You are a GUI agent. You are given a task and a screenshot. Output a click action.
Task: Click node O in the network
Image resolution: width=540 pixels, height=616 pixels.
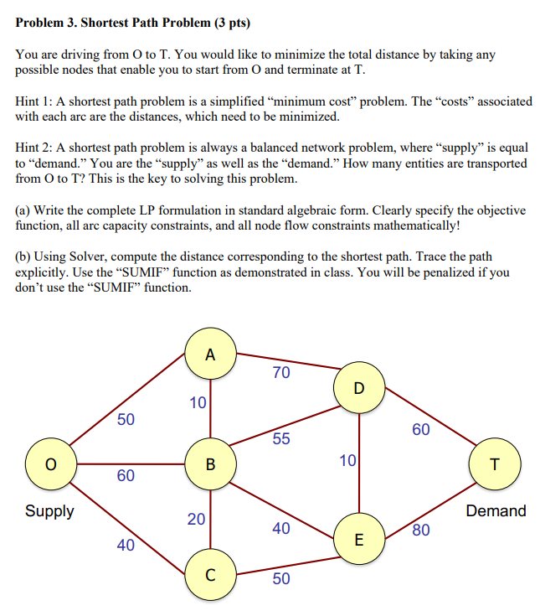tap(51, 463)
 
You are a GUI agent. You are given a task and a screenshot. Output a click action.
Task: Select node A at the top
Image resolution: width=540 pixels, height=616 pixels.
tap(209, 355)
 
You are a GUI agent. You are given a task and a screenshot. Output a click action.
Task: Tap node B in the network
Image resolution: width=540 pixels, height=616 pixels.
tap(210, 463)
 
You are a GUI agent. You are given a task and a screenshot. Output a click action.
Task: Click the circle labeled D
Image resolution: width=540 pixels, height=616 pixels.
tap(359, 388)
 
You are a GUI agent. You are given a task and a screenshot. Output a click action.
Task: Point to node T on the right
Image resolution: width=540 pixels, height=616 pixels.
tap(496, 463)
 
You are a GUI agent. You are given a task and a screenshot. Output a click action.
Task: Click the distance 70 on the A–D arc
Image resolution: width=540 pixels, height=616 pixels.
tap(281, 372)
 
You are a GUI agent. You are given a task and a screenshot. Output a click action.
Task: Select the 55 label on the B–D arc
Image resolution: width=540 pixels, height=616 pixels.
tap(281, 439)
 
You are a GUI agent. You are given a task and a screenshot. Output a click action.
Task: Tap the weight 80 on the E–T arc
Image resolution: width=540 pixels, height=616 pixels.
tap(421, 530)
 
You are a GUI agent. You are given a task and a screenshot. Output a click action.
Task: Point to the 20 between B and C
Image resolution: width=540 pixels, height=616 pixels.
tap(196, 520)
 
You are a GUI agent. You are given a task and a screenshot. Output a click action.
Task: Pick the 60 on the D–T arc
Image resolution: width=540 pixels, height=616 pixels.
tap(421, 430)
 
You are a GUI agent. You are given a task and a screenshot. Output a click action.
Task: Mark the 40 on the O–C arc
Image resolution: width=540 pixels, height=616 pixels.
tap(126, 546)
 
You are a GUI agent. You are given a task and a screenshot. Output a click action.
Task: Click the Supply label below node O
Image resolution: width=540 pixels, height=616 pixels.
tap(49, 511)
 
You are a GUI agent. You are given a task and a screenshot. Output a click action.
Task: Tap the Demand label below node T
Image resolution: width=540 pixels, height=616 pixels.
tap(496, 511)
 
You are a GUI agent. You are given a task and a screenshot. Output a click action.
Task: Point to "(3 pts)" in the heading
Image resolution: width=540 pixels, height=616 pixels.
tap(221, 21)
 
